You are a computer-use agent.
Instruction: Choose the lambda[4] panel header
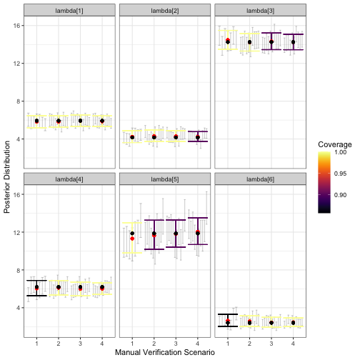[x=69, y=178]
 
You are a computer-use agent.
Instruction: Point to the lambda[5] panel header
[x=164, y=178]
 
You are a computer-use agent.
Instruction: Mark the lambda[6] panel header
[x=260, y=178]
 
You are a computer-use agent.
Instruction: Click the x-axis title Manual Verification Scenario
[x=164, y=353]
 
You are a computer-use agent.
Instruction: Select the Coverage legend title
[x=334, y=145]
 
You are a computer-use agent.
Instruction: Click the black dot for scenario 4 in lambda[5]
[x=197, y=232]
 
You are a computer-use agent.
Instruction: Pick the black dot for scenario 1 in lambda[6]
[x=228, y=322]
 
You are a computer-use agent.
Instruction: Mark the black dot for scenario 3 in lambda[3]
[x=271, y=42]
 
